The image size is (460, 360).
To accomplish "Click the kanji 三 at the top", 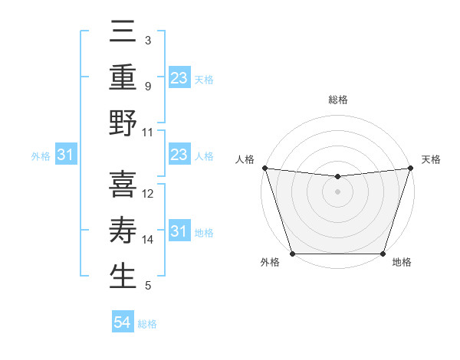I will (x=123, y=32).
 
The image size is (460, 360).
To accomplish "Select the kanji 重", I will (x=123, y=77).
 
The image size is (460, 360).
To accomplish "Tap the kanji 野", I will (x=123, y=123).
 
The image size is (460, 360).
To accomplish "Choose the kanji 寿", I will (x=123, y=231).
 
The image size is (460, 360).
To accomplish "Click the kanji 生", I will (x=123, y=277).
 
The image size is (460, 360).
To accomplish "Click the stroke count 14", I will (x=148, y=240).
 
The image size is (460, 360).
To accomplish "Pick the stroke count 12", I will (x=148, y=194).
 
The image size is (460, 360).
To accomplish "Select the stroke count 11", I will (x=148, y=132).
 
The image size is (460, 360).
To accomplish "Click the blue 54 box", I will (x=123, y=323).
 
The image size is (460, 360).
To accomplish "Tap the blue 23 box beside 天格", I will (x=179, y=78).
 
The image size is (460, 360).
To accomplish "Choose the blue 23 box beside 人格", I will (x=179, y=155).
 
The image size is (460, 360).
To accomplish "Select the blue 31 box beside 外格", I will (x=66, y=155).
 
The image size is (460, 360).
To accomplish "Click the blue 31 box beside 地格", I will (x=179, y=231).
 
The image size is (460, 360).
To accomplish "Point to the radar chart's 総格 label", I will (x=338, y=100).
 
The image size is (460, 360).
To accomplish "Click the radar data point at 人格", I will (x=264, y=167).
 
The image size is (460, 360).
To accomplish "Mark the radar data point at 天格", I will (x=410, y=168).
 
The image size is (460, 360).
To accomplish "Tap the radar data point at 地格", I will (x=383, y=254).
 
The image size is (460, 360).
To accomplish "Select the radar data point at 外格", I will (x=293, y=254).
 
